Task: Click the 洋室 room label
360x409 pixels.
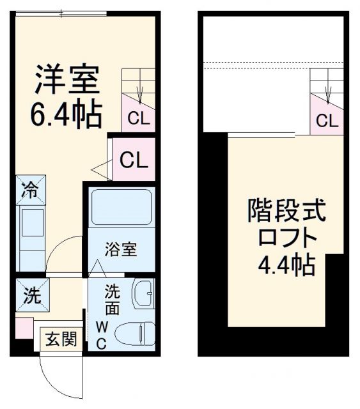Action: click(66, 80)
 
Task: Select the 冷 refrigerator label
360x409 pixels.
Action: click(29, 189)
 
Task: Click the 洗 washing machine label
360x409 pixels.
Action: click(29, 296)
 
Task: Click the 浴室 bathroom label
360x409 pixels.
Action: click(121, 249)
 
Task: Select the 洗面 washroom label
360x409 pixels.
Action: click(112, 299)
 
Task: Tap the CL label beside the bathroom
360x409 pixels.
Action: click(134, 160)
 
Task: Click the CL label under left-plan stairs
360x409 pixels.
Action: click(139, 118)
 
